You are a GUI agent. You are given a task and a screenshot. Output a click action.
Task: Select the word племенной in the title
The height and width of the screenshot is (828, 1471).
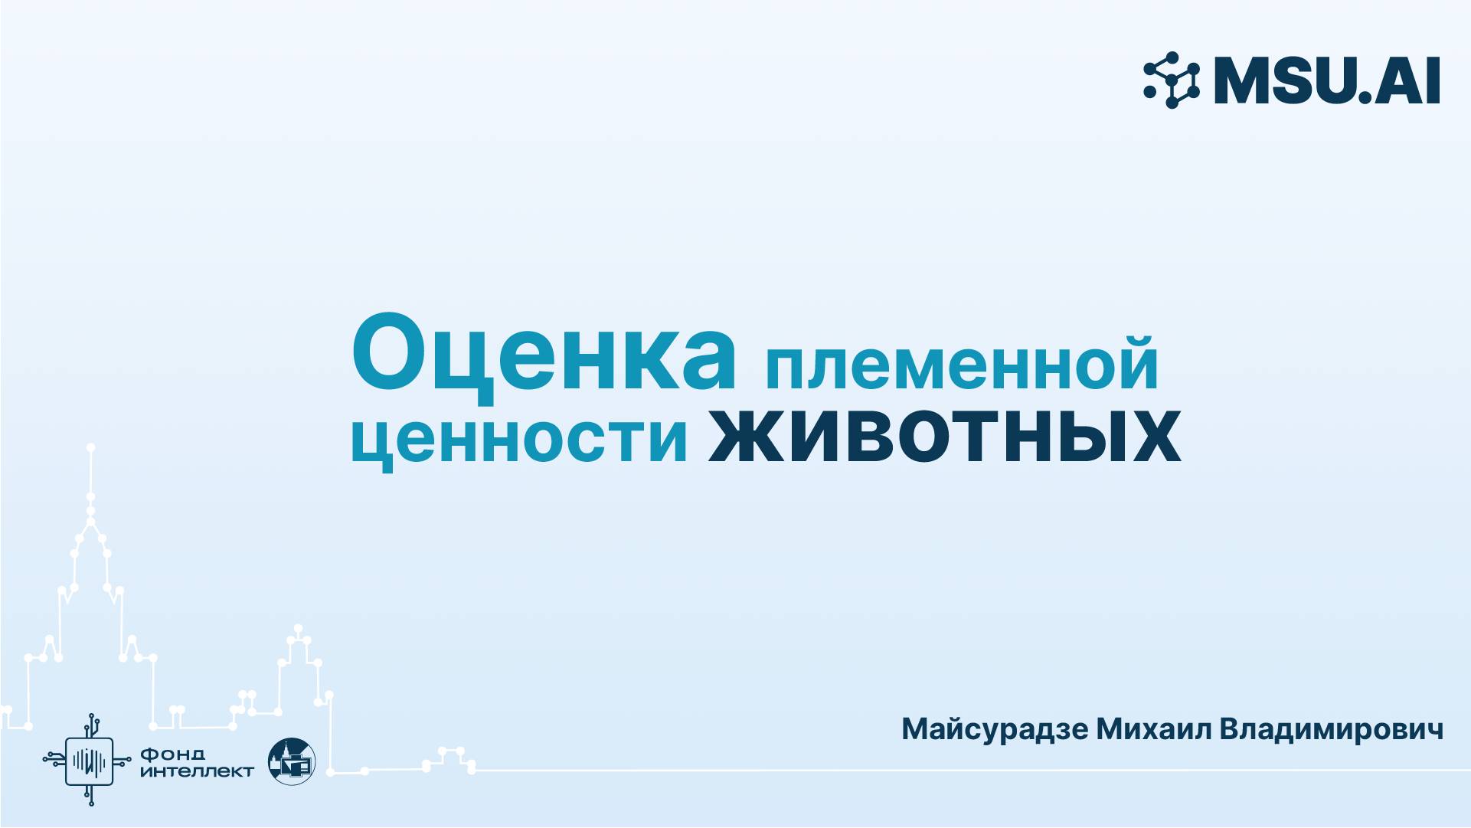962,366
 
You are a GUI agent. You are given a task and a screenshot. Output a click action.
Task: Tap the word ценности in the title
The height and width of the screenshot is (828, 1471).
519,440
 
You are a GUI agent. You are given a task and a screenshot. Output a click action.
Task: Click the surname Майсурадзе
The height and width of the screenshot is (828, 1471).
994,728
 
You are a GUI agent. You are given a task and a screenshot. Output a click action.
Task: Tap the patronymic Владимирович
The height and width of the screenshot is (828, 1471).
1331,728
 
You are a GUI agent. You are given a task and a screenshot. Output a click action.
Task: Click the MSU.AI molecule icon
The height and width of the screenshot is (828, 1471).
1172,80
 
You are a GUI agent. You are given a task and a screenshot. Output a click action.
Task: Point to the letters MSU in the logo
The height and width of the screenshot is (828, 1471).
1287,80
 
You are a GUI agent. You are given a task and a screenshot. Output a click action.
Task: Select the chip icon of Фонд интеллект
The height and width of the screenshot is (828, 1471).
90,760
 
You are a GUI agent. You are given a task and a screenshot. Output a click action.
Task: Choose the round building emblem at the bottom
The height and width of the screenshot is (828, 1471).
292,761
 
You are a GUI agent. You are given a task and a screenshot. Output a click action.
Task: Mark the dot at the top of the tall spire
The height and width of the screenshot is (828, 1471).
90,447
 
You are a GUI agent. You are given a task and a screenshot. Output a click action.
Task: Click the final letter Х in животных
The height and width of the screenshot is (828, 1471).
1151,438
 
